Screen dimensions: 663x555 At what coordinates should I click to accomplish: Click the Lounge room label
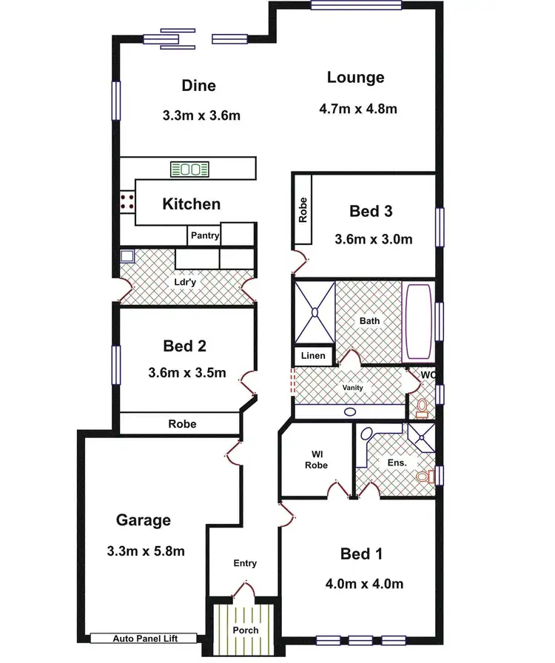356,78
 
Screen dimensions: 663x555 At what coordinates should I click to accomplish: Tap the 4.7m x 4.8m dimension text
358,109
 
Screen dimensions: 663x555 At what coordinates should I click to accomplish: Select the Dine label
199,86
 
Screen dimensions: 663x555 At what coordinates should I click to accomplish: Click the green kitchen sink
189,169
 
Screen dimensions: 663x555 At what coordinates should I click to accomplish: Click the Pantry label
204,235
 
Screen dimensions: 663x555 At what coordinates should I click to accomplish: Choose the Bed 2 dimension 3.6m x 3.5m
187,373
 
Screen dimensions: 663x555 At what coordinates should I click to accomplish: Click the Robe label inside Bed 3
303,211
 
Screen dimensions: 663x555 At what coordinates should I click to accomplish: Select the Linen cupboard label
313,356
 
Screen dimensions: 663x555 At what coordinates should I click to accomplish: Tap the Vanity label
352,388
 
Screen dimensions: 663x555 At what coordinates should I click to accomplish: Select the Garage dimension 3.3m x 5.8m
146,551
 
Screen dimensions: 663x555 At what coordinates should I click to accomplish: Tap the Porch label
245,630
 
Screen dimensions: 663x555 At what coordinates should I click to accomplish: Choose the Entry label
245,563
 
